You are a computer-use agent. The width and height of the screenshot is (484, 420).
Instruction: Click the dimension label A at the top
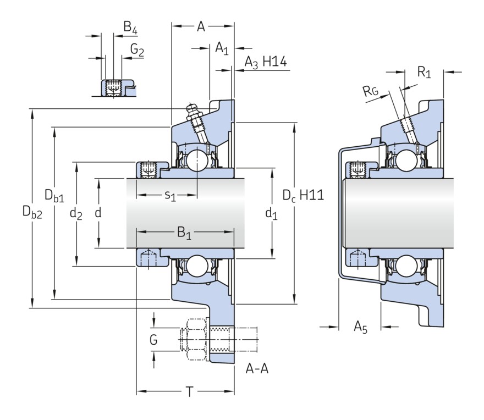coord(201,27)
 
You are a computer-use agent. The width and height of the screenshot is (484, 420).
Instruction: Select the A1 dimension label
coord(222,48)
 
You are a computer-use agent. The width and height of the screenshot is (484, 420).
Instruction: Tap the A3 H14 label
coord(266,62)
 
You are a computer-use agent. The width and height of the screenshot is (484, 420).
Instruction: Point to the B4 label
coord(130,27)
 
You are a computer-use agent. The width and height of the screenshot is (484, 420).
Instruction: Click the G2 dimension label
coord(137,51)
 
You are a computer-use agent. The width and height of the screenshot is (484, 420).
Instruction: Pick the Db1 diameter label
coord(54,195)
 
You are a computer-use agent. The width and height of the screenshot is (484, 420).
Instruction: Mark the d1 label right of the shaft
coord(271,213)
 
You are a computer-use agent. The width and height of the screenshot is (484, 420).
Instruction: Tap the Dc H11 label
coord(302,195)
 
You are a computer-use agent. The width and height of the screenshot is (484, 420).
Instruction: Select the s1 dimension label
coord(170,196)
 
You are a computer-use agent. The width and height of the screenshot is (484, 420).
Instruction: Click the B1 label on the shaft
coord(184,234)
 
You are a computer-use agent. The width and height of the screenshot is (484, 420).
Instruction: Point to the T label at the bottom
coord(189,392)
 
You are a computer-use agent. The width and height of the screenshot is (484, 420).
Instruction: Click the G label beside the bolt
coord(153,340)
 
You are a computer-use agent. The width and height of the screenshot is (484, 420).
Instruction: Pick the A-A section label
coord(257,368)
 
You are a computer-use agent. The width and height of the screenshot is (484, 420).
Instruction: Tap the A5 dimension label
coord(360,328)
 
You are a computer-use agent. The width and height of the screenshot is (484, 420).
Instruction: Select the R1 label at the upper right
coord(424,72)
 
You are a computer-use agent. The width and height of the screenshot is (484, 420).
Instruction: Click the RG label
coord(370,92)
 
